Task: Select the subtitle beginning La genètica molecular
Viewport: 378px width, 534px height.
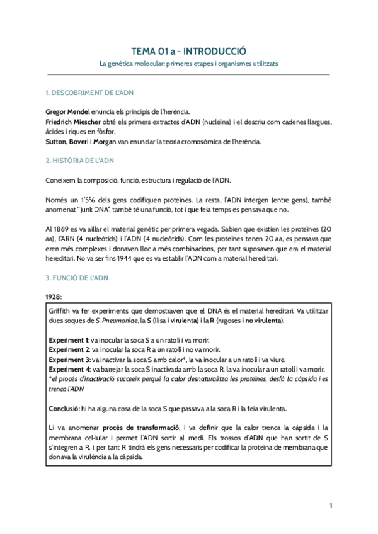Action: pos(188,64)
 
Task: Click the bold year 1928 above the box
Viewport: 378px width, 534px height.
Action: pos(54,297)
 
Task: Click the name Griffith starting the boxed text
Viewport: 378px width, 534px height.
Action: pos(60,312)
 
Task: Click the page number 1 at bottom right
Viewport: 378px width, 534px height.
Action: pos(331,506)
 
